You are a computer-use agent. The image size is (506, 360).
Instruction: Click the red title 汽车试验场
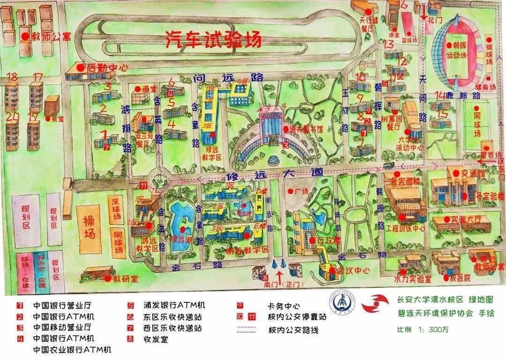[x=213, y=40]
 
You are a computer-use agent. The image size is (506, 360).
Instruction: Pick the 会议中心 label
[x=352, y=270]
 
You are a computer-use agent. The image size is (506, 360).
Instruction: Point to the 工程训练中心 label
[x=406, y=229]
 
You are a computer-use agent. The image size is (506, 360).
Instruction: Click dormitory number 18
[x=13, y=77]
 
